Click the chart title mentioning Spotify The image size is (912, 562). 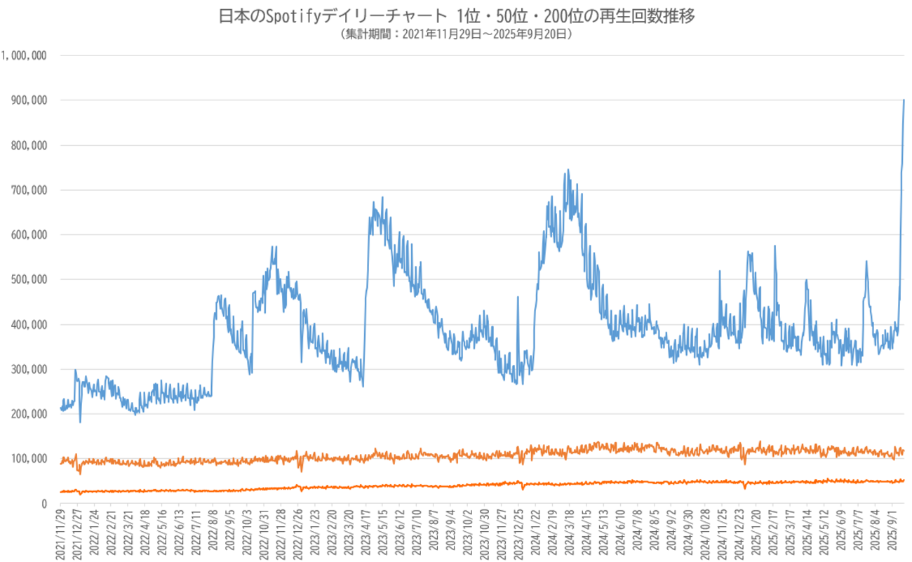coord(456,16)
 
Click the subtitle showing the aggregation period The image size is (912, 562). coord(456,33)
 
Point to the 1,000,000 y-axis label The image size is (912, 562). coord(24,55)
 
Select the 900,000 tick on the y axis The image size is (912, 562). coord(27,100)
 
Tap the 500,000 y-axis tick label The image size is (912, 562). coord(27,280)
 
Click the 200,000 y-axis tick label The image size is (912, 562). coord(27,414)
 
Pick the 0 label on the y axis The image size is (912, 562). coord(43,504)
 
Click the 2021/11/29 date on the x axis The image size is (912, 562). coord(60,533)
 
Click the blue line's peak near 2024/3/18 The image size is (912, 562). coord(568,170)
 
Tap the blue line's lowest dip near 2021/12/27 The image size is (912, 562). coord(80,422)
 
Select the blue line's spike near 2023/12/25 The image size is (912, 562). coord(518,297)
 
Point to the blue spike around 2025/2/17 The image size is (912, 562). coord(774,246)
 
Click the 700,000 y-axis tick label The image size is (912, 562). coord(27,190)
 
